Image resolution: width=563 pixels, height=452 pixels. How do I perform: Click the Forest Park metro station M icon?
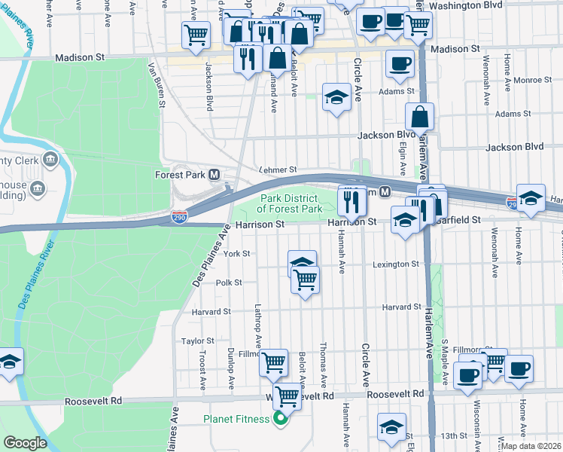(215, 175)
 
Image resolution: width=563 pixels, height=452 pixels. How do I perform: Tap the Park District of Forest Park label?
(291, 203)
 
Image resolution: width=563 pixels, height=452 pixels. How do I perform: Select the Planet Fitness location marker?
(280, 419)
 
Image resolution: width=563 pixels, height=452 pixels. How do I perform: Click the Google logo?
(26, 443)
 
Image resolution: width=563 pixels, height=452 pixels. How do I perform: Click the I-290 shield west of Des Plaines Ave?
(179, 218)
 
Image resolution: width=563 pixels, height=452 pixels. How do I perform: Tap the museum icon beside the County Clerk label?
(50, 160)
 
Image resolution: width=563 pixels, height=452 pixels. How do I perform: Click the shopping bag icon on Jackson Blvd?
(419, 117)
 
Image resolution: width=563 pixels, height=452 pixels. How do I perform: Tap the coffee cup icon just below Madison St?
(400, 63)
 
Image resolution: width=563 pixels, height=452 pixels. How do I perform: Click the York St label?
(236, 254)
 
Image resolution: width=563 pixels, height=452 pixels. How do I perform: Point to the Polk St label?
(229, 282)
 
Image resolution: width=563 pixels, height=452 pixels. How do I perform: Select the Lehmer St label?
(278, 170)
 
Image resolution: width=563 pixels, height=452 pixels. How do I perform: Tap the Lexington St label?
(396, 264)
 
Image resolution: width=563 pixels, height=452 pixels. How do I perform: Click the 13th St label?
(455, 435)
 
